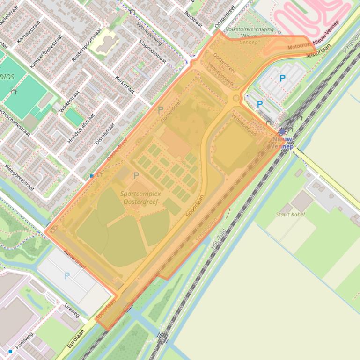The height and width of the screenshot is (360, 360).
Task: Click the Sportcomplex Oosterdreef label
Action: (140, 197)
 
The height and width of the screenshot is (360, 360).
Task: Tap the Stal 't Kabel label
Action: (290, 215)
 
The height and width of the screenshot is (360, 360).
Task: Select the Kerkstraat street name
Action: (125, 85)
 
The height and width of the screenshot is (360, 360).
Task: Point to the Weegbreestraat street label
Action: (19, 177)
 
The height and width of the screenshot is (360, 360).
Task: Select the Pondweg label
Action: (24, 341)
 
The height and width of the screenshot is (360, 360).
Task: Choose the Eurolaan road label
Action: (75, 339)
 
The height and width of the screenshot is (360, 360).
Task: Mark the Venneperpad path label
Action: (244, 120)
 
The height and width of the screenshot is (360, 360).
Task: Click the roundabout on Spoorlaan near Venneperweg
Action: (235, 98)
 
